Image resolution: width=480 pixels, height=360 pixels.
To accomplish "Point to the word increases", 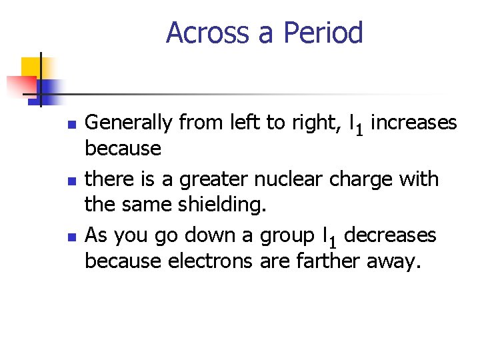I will pos(413,123).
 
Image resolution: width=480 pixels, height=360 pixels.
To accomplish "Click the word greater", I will pos(211,179).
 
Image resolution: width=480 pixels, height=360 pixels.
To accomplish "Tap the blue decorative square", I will pos(50,88).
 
